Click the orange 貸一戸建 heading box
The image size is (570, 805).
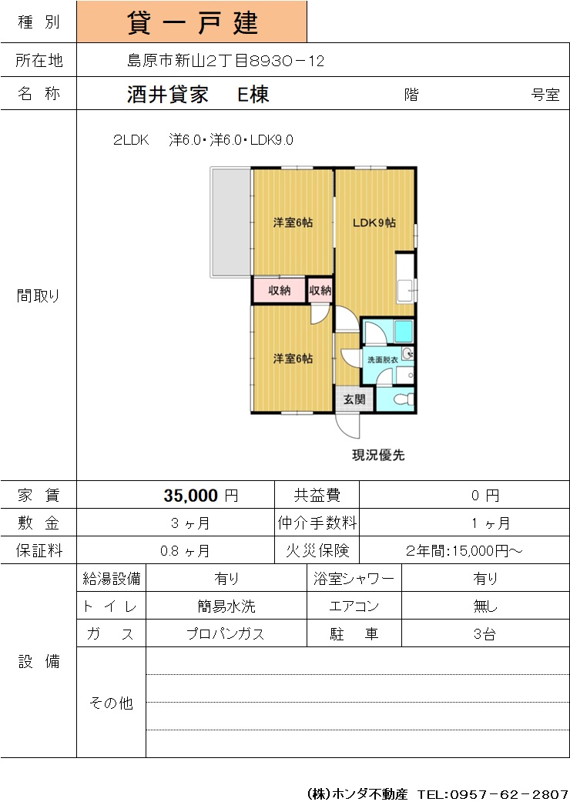[x=192, y=22]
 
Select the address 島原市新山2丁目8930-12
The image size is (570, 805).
[x=226, y=61]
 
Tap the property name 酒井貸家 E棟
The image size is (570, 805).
[x=198, y=95]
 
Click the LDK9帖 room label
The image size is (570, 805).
[x=374, y=223]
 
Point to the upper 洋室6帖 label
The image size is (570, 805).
[x=293, y=222]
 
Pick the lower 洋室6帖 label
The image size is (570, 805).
[x=293, y=359]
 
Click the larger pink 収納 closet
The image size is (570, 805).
[x=279, y=291]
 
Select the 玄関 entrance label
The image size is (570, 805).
[x=354, y=399]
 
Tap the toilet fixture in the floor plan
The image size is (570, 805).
[x=404, y=399]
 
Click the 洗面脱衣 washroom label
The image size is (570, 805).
[x=382, y=360]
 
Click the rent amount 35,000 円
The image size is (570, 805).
[x=201, y=496]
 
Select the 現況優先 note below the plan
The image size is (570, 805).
[x=378, y=455]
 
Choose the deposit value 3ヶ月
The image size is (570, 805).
[x=190, y=523]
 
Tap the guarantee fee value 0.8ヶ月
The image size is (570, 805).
[x=185, y=551]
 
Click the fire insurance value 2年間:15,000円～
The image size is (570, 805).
[x=464, y=551]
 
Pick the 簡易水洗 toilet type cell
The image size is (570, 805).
[x=226, y=606]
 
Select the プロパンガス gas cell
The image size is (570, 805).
[x=226, y=634]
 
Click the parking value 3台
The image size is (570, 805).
[x=484, y=634]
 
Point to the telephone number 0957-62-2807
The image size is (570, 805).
[x=509, y=794]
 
